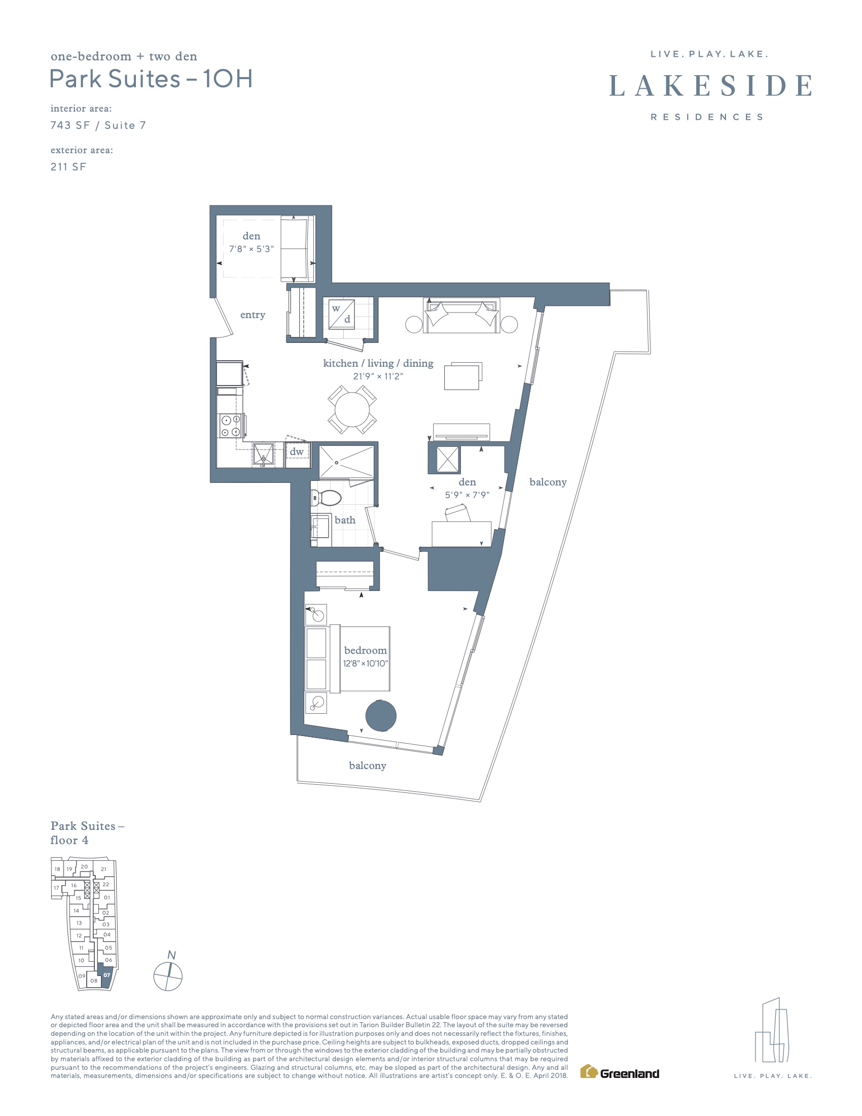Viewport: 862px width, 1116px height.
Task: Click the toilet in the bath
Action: click(x=326, y=498)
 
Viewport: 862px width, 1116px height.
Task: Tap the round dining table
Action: click(x=352, y=410)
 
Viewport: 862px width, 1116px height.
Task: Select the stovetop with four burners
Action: click(x=230, y=426)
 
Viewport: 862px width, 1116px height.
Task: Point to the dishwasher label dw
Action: click(x=297, y=451)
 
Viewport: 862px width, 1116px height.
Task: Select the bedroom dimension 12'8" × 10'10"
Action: click(x=366, y=664)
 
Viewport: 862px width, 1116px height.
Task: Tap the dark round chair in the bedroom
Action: click(x=381, y=715)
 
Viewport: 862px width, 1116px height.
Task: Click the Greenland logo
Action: click(x=620, y=1071)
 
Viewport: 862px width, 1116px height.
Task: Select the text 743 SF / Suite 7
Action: click(x=98, y=125)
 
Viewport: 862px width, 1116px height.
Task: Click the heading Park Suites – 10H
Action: click(x=151, y=79)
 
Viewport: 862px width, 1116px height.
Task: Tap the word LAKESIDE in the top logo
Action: click(x=710, y=85)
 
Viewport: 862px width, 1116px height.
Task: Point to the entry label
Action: click(x=253, y=315)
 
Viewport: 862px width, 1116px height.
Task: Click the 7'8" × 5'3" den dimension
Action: click(x=251, y=249)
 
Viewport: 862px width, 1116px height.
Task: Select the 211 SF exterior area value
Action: click(x=68, y=166)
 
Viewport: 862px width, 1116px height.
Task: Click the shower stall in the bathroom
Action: click(x=346, y=463)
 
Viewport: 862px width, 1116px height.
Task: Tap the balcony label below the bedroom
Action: click(x=368, y=765)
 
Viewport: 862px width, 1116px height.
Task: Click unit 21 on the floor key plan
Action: click(x=103, y=869)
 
